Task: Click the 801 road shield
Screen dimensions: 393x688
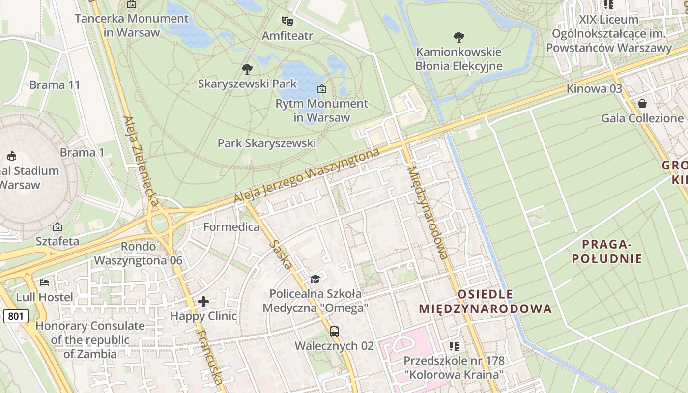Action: (x=15, y=316)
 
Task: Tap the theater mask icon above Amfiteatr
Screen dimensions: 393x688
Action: (x=287, y=21)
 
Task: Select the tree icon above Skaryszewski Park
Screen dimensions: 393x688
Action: (x=247, y=69)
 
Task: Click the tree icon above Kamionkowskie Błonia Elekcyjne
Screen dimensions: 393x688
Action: (x=459, y=37)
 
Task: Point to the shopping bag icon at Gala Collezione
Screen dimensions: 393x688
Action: (x=642, y=104)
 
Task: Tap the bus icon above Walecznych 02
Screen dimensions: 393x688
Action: (x=334, y=331)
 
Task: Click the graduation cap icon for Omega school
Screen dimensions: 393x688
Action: (x=315, y=280)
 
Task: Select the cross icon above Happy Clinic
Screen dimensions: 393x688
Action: (x=203, y=302)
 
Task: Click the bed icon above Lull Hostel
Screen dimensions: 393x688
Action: (x=44, y=282)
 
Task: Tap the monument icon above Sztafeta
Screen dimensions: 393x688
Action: (x=57, y=227)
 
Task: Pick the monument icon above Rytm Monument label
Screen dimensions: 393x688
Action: (x=321, y=89)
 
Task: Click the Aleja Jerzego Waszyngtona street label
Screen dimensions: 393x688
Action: (x=307, y=176)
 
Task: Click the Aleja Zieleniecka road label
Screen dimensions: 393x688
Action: (x=141, y=162)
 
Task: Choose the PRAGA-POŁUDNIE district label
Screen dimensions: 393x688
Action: (x=606, y=252)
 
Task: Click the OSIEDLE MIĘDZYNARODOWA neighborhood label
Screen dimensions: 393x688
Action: (x=486, y=302)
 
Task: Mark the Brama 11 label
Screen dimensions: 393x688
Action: (x=55, y=84)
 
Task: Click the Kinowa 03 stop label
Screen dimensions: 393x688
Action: (x=594, y=89)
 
